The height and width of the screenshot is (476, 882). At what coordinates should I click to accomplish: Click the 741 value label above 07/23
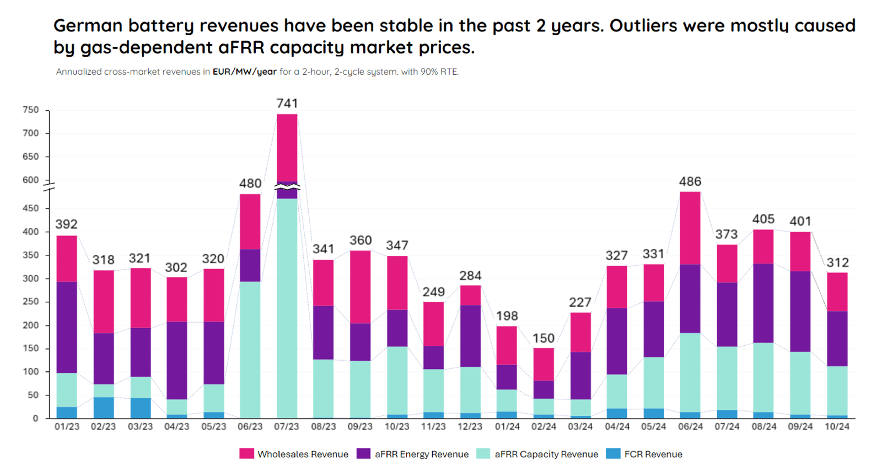pyautogui.click(x=287, y=103)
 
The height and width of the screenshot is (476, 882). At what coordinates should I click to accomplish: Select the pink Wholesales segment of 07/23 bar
pyautogui.click(x=287, y=147)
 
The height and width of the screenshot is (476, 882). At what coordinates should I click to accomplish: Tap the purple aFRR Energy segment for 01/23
pyautogui.click(x=67, y=327)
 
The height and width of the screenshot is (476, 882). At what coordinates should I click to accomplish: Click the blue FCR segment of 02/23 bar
pyautogui.click(x=103, y=408)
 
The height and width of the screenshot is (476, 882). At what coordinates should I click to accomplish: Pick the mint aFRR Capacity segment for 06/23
pyautogui.click(x=250, y=350)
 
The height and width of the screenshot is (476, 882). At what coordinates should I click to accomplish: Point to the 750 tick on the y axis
pyautogui.click(x=31, y=110)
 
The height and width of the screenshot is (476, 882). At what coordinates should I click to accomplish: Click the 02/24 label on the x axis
pyautogui.click(x=544, y=426)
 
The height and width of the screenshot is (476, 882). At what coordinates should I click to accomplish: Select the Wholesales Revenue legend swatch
pyautogui.click(x=246, y=454)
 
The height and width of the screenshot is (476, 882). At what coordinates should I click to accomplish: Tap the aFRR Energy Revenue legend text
pyautogui.click(x=421, y=454)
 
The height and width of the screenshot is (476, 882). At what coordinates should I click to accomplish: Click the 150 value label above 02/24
pyautogui.click(x=544, y=338)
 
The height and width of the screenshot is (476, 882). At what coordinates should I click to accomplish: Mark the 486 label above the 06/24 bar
pyautogui.click(x=690, y=181)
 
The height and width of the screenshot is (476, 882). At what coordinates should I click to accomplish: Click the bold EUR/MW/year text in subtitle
pyautogui.click(x=244, y=72)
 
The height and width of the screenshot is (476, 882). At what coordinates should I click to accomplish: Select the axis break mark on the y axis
pyautogui.click(x=49, y=186)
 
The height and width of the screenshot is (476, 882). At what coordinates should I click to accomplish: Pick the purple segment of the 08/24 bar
pyautogui.click(x=763, y=303)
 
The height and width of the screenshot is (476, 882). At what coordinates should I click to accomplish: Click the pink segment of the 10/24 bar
pyautogui.click(x=837, y=292)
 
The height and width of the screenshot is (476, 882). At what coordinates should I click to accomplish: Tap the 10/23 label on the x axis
pyautogui.click(x=397, y=426)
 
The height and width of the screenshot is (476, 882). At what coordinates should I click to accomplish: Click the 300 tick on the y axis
pyautogui.click(x=31, y=279)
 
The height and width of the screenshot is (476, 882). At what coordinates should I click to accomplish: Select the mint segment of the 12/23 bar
pyautogui.click(x=470, y=389)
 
